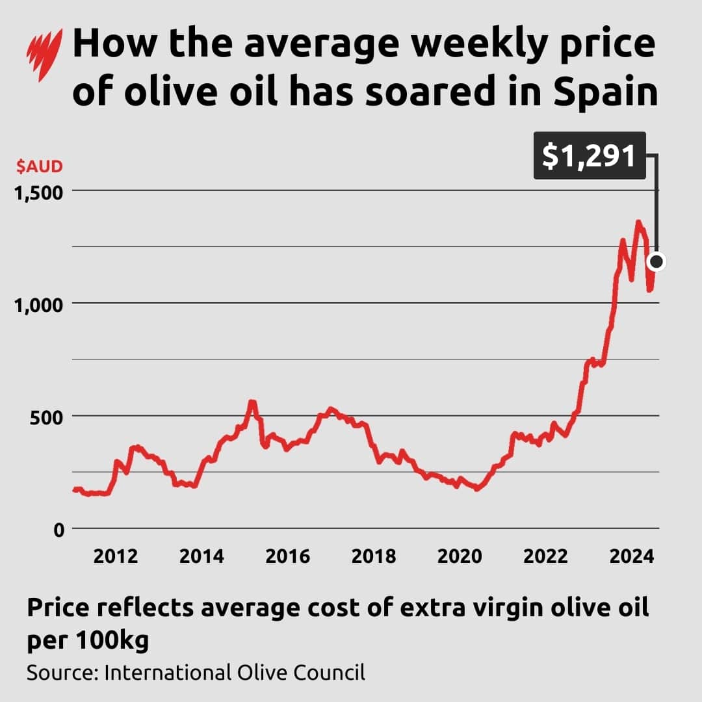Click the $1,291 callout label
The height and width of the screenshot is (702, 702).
click(x=590, y=156)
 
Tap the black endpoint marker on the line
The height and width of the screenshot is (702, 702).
click(x=656, y=261)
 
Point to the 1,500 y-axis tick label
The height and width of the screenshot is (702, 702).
click(x=39, y=192)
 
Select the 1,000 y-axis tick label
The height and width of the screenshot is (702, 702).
click(x=39, y=304)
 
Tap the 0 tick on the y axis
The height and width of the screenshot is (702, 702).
click(x=58, y=528)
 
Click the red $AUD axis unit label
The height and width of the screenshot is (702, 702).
click(x=39, y=166)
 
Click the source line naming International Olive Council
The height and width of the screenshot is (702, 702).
click(x=196, y=672)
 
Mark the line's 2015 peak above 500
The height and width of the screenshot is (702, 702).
click(x=252, y=403)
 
